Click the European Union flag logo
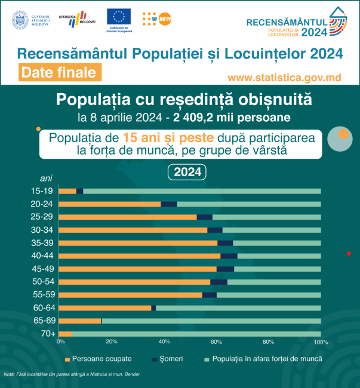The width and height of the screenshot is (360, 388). pos(119,17)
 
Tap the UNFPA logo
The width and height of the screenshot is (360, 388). pos(156,19)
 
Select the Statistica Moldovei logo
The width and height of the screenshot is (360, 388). pos(78,19)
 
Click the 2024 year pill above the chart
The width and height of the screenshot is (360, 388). pos(186,172)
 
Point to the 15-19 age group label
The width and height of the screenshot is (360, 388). pos(42,191)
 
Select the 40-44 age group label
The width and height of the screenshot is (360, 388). pos(42,256)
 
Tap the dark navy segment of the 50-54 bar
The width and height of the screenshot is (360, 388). pos(219,282)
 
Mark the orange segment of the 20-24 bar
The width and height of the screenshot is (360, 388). pos(110,204)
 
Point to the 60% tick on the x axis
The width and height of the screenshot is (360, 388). pos(217,342)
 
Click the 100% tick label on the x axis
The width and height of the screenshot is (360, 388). pos(321,342)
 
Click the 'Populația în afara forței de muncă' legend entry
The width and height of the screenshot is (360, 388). pos(263,359)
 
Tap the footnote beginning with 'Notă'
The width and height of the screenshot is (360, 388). pos(81,374)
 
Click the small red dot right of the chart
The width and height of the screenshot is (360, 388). pos(349,254)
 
